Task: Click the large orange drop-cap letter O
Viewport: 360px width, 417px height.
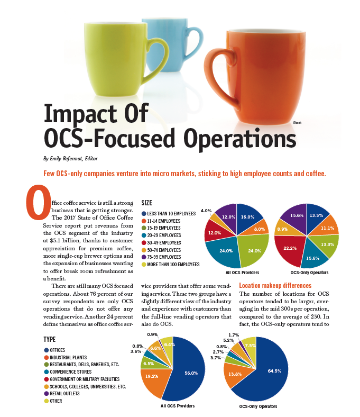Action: [x=39, y=202]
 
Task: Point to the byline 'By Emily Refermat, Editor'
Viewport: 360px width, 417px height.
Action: [x=73, y=158]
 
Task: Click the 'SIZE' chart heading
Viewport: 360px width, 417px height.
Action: [x=149, y=203]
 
